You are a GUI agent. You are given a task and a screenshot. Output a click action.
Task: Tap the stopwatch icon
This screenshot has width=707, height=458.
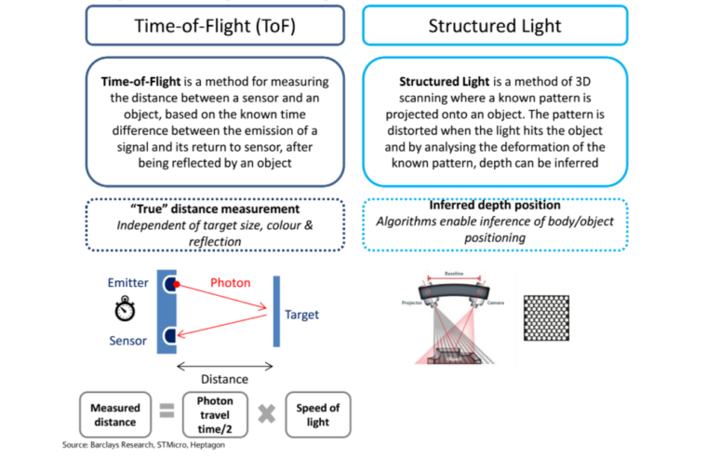[x=127, y=309]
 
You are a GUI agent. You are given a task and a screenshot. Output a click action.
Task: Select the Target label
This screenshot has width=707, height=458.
[x=301, y=315]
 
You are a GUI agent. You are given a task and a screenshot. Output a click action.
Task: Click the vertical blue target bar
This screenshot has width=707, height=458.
[x=275, y=314]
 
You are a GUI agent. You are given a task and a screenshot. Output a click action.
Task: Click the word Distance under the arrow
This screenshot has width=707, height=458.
[x=224, y=380]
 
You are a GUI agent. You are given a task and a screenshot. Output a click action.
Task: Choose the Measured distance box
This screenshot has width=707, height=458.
[x=116, y=414]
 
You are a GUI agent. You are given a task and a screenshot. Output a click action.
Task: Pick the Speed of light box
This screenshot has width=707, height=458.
[x=317, y=414]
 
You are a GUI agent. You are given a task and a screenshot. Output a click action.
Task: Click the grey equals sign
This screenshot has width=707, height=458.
[x=166, y=413]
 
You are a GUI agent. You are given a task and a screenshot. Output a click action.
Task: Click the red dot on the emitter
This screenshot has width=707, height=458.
[x=175, y=283]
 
